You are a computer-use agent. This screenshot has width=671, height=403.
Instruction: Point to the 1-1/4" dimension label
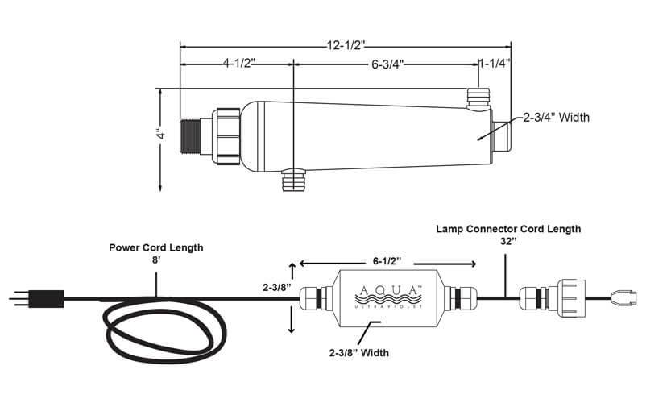click(x=493, y=63)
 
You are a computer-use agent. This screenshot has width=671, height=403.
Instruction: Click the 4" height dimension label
click(x=159, y=133)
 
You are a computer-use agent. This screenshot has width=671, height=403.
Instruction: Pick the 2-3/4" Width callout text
click(x=557, y=118)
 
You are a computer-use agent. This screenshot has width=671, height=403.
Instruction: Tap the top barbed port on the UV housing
click(x=478, y=99)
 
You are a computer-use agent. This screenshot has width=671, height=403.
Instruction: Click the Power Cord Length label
click(x=156, y=247)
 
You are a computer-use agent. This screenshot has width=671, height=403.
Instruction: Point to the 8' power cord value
click(x=156, y=260)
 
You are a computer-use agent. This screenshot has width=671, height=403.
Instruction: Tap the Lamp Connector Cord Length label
click(x=508, y=230)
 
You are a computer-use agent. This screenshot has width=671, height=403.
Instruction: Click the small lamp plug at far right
click(x=628, y=296)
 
